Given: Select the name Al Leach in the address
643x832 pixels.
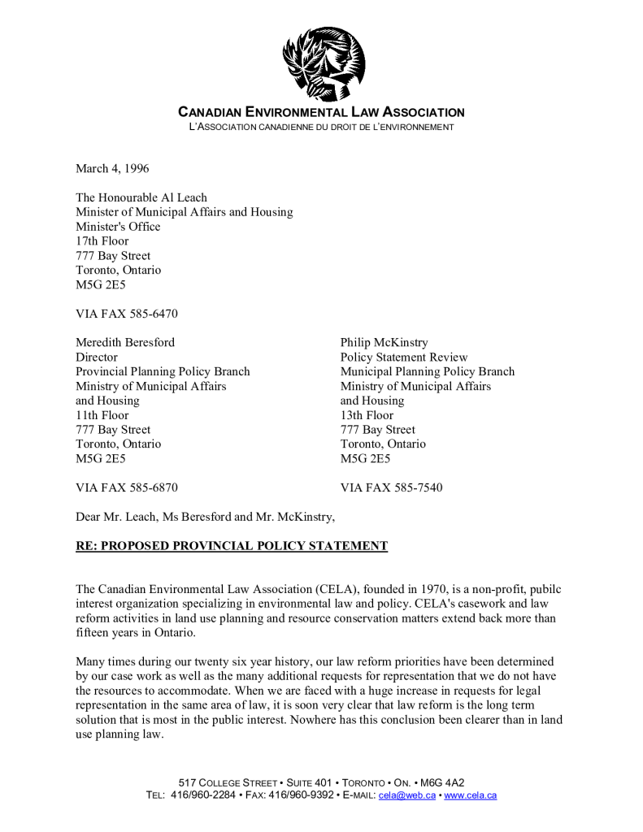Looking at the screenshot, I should tap(184, 197).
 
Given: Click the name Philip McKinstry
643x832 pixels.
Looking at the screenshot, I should tap(384, 343).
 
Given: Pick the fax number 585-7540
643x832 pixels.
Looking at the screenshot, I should tap(415, 488).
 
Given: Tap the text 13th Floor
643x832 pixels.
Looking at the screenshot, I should tap(367, 415).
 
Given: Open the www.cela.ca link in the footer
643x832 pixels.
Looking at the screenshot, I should tap(471, 795).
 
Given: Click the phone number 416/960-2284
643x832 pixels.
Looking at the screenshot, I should tap(205, 795).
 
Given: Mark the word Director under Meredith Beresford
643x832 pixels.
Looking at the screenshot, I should tap(97, 357).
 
